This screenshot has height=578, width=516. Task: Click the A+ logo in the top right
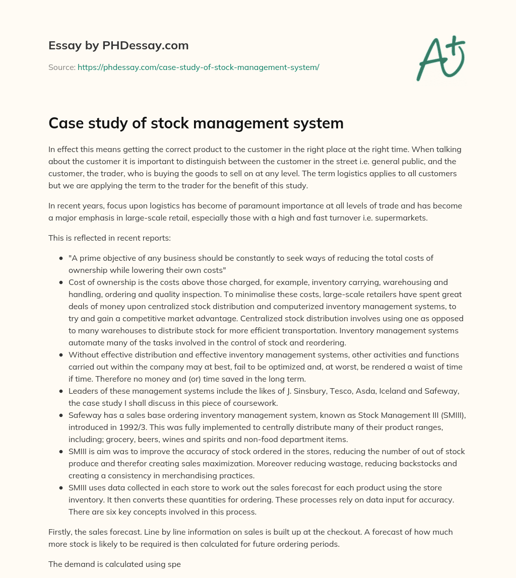pyautogui.click(x=440, y=59)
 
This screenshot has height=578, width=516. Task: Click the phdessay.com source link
pyautogui.click(x=198, y=66)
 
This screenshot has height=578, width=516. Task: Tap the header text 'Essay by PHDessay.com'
pyautogui.click(x=118, y=46)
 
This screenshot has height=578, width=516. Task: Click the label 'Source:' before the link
pyautogui.click(x=62, y=66)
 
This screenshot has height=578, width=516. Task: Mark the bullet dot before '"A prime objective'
pyautogui.click(x=61, y=258)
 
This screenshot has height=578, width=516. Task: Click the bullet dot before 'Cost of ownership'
pyautogui.click(x=61, y=282)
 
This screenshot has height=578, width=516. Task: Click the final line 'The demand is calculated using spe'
pyautogui.click(x=114, y=564)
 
